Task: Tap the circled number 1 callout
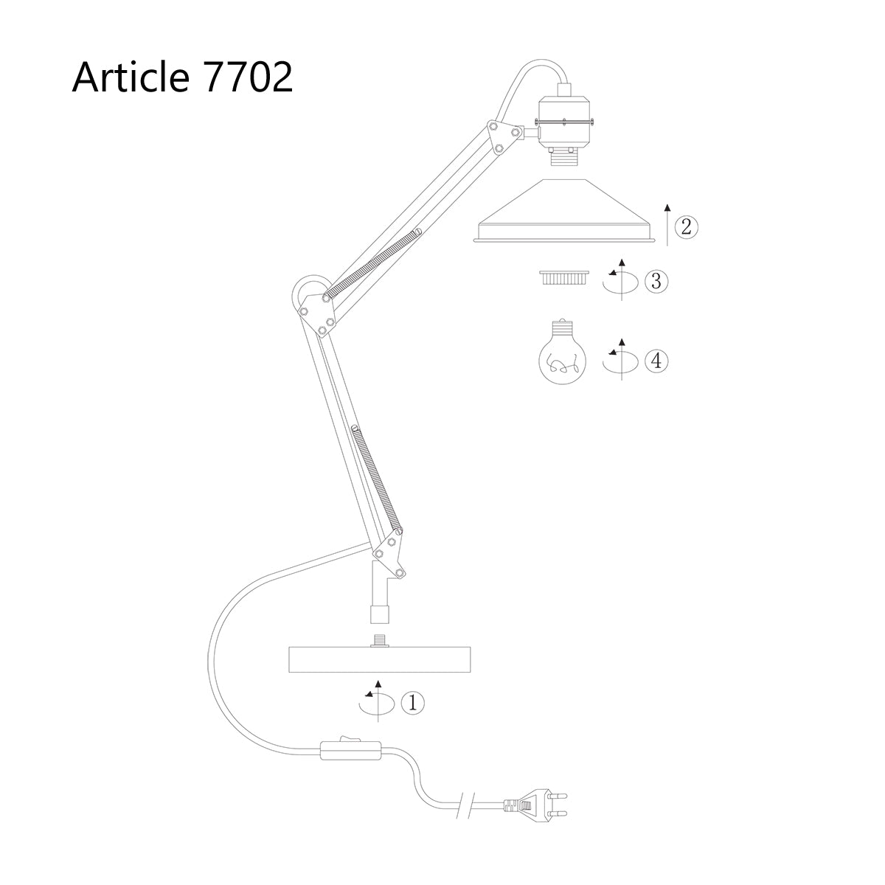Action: click(412, 703)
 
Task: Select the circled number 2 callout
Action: click(686, 226)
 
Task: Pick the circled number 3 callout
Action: click(656, 280)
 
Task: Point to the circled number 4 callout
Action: click(656, 361)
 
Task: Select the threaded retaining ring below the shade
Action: click(564, 278)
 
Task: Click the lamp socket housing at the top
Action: click(565, 122)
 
